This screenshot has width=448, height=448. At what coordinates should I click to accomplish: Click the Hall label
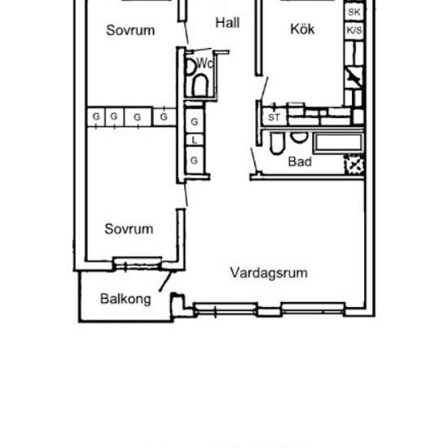tap(227, 24)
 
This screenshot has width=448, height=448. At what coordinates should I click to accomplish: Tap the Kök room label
tap(302, 29)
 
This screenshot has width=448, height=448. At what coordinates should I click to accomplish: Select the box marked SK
tap(354, 12)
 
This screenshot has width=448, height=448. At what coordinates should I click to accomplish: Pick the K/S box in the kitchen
tap(354, 31)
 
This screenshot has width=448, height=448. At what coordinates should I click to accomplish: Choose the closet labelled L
tap(195, 140)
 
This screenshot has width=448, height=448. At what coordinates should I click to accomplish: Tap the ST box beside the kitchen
tap(274, 117)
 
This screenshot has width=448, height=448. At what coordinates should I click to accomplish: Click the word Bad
tap(300, 161)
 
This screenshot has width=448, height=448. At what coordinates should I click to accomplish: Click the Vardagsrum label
tap(269, 273)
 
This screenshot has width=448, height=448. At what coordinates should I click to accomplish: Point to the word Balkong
tap(125, 299)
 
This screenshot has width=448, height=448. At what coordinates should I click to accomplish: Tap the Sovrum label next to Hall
tap(130, 31)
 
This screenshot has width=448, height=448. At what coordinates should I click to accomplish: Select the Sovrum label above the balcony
tap(129, 229)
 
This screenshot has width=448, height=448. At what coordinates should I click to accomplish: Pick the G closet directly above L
tap(195, 121)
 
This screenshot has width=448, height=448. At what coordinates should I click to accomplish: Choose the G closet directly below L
tap(195, 160)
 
